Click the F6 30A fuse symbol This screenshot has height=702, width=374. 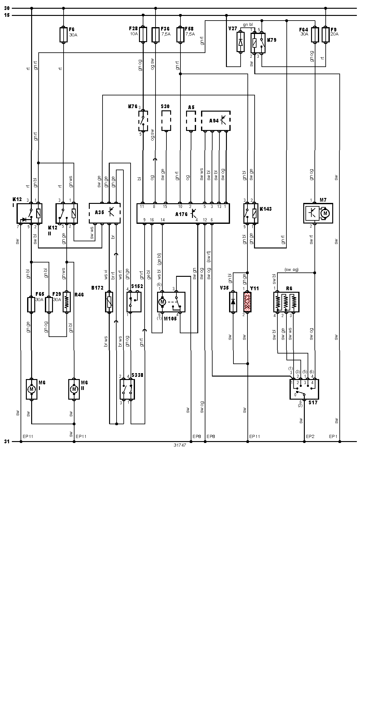pyautogui.click(x=63, y=34)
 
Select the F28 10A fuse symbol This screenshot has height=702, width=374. pyautogui.click(x=143, y=34)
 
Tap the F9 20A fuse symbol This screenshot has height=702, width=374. pyautogui.click(x=325, y=34)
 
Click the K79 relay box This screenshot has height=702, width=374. pyautogui.click(x=258, y=42)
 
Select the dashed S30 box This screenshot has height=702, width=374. pyautogui.click(x=166, y=121)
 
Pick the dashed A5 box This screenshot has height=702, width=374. pyautogui.click(x=191, y=121)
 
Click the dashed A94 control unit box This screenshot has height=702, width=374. pyautogui.click(x=216, y=121)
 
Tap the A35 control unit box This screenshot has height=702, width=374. pyautogui.click(x=104, y=213)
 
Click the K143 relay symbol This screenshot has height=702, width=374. pyautogui.click(x=251, y=213)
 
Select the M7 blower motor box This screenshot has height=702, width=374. pyautogui.click(x=318, y=213)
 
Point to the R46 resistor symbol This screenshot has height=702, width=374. pyautogui.click(x=67, y=302)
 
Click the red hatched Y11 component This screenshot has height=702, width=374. pyautogui.click(x=247, y=302)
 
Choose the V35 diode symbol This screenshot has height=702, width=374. pyautogui.click(x=233, y=302)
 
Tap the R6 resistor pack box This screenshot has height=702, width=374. pyautogui.click(x=286, y=302)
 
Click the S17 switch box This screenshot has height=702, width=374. pyautogui.click(x=304, y=389)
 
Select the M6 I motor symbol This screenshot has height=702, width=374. pyautogui.click(x=31, y=389)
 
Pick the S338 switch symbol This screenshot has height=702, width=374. pyautogui.click(x=127, y=389)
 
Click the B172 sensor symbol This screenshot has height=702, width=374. pyautogui.click(x=109, y=302)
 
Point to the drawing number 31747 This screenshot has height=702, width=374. pyautogui.click(x=180, y=445)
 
